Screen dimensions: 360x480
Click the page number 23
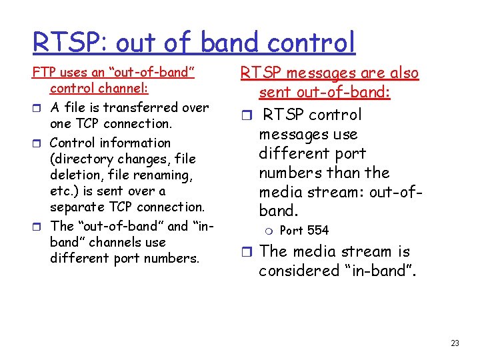point(455,343)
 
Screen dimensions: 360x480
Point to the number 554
point(317,231)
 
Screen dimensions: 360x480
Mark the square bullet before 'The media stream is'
point(245,253)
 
